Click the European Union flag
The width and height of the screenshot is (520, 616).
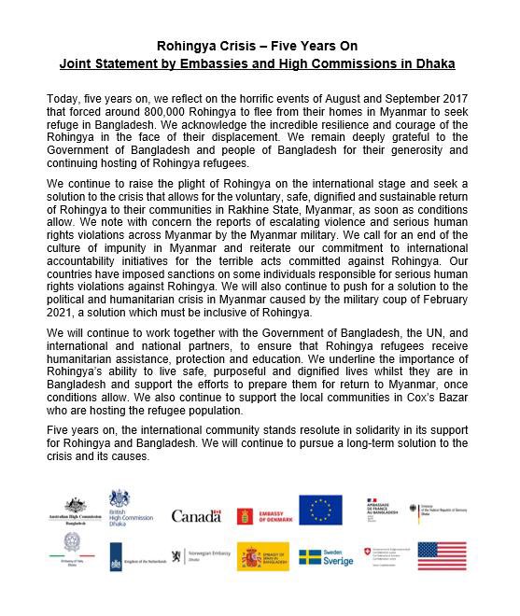tap(320, 511)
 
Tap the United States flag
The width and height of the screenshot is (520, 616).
tap(442, 556)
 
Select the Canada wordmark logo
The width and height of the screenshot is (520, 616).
tap(195, 515)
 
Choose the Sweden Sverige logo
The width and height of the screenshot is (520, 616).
tap(326, 557)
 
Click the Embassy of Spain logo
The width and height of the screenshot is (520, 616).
tap(262, 557)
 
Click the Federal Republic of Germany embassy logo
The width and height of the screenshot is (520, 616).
tap(439, 511)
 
